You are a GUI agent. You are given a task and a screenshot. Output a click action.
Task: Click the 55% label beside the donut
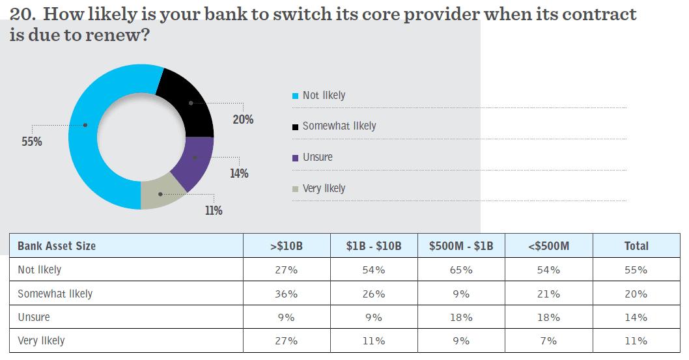pos(31,141)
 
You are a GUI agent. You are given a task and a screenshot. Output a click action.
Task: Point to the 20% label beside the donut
pos(243,120)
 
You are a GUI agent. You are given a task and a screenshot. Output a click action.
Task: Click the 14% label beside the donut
pos(238,174)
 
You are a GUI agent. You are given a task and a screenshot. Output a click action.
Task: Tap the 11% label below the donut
pos(213,210)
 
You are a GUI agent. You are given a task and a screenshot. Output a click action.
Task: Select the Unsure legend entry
pos(317,158)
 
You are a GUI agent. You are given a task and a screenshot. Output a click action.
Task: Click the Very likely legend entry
pos(324,189)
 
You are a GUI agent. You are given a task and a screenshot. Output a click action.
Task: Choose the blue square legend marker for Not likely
pos(296,96)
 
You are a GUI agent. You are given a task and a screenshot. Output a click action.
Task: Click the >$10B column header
pos(287,246)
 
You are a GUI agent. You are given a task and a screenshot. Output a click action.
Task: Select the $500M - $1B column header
pos(461,246)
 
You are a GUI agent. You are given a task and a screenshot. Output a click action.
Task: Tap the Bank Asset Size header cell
pos(57,246)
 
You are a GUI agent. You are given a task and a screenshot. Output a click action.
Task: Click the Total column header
pos(636,246)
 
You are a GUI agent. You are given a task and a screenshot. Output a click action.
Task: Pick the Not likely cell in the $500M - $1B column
pos(461,270)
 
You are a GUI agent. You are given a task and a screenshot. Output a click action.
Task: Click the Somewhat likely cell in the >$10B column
pos(287,294)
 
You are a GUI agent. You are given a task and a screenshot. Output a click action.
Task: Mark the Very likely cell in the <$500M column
pos(549,340)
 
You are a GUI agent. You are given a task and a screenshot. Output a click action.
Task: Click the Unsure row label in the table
pos(34,317)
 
